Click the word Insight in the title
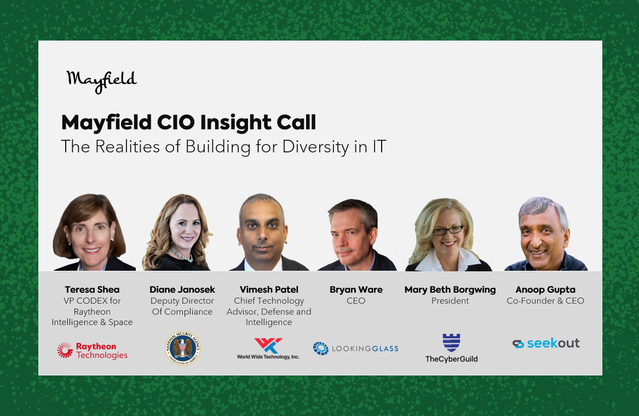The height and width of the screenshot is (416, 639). (x=235, y=123)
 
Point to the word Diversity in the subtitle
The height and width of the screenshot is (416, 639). (x=315, y=147)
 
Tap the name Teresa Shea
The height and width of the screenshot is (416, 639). (x=92, y=289)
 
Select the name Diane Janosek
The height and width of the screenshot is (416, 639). (x=182, y=289)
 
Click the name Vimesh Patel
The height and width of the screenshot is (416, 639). (x=269, y=289)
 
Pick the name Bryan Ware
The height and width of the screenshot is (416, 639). (x=356, y=289)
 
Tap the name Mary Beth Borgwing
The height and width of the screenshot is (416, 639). (x=450, y=290)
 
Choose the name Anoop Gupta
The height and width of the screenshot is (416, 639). (x=545, y=290)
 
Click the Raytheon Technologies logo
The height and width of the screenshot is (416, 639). (x=92, y=351)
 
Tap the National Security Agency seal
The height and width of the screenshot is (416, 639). (x=182, y=348)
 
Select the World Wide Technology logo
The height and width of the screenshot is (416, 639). (x=268, y=349)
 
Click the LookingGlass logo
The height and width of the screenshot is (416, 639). (x=356, y=348)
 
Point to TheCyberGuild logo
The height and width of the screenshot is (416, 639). (x=452, y=348)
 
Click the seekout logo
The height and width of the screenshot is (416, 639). (x=546, y=344)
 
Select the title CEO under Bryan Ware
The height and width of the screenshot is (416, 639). (x=356, y=300)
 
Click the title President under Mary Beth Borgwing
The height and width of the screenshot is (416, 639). (x=450, y=300)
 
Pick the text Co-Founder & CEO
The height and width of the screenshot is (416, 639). (x=545, y=300)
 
